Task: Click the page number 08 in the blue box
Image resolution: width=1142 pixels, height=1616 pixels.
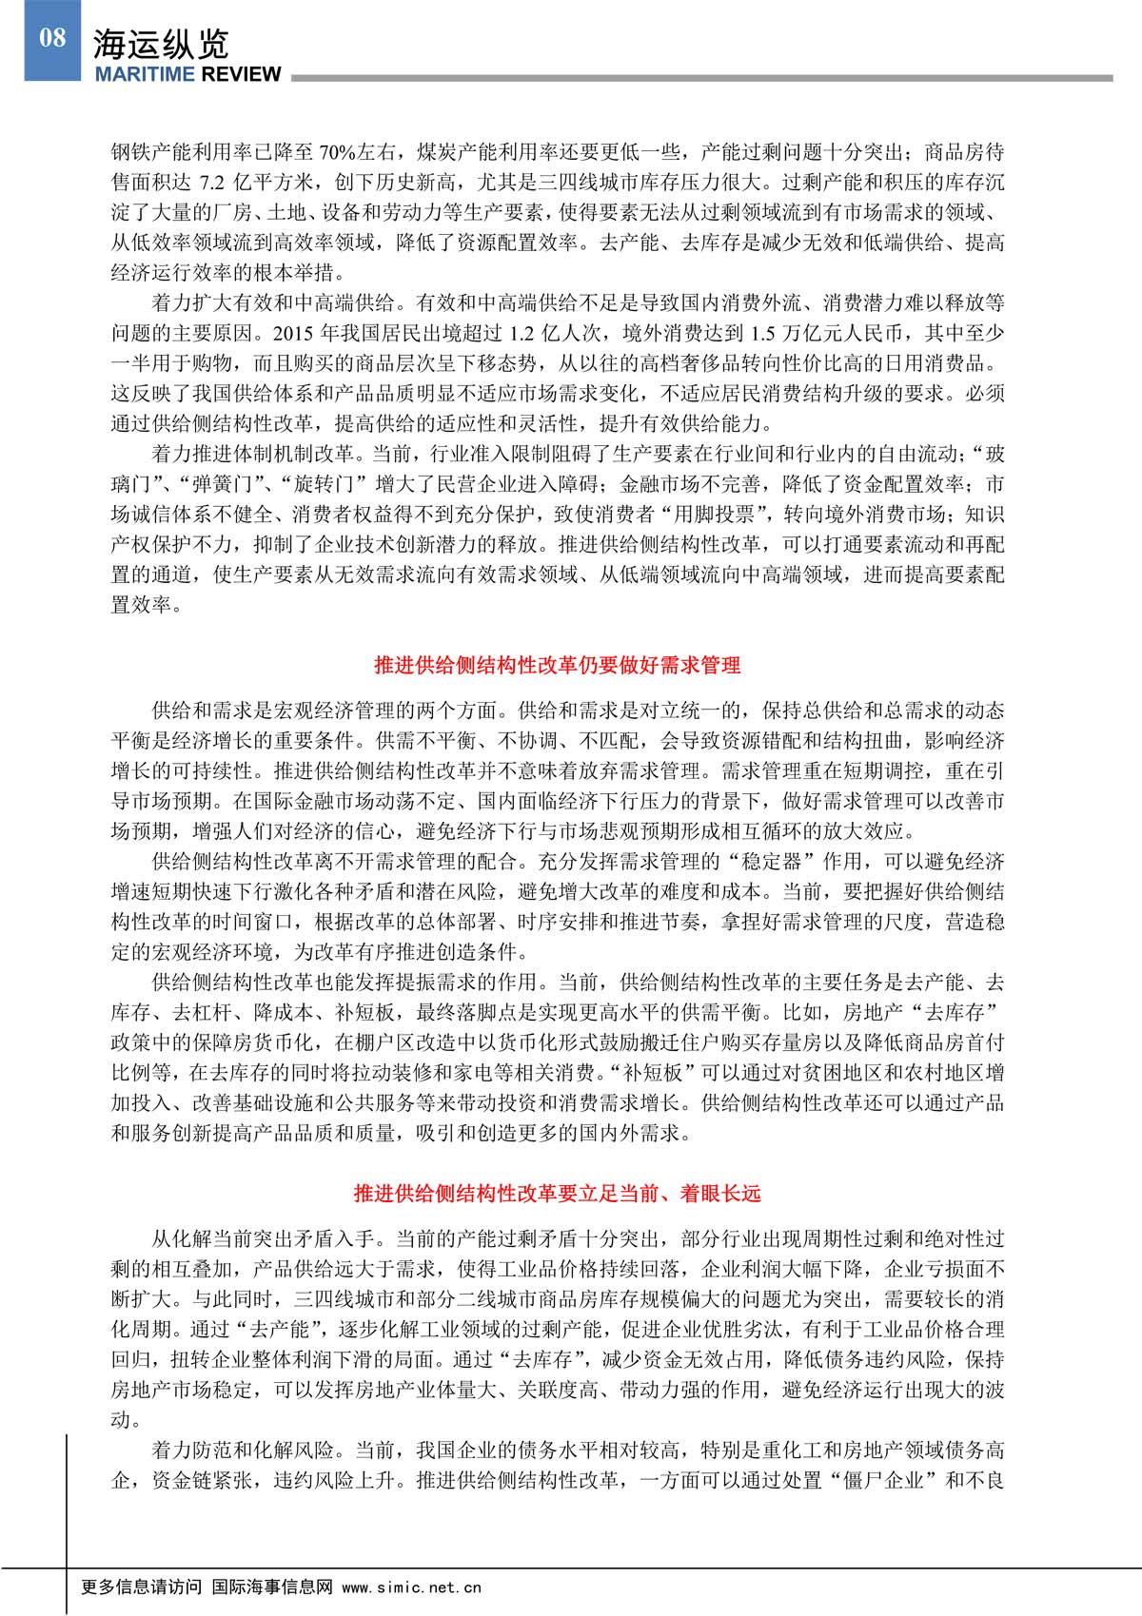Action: pyautogui.click(x=52, y=38)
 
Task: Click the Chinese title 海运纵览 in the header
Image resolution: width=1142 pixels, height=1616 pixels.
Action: pyautogui.click(x=161, y=45)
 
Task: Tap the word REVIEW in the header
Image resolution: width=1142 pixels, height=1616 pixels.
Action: pyautogui.click(x=239, y=74)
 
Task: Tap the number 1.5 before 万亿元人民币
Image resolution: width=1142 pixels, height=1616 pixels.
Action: pyautogui.click(x=761, y=334)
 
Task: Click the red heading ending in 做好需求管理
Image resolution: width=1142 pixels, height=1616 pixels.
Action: pyautogui.click(x=557, y=666)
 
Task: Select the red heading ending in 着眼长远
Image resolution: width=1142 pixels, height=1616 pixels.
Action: pyautogui.click(x=557, y=1194)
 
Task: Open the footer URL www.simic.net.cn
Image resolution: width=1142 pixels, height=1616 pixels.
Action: pyautogui.click(x=411, y=1587)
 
